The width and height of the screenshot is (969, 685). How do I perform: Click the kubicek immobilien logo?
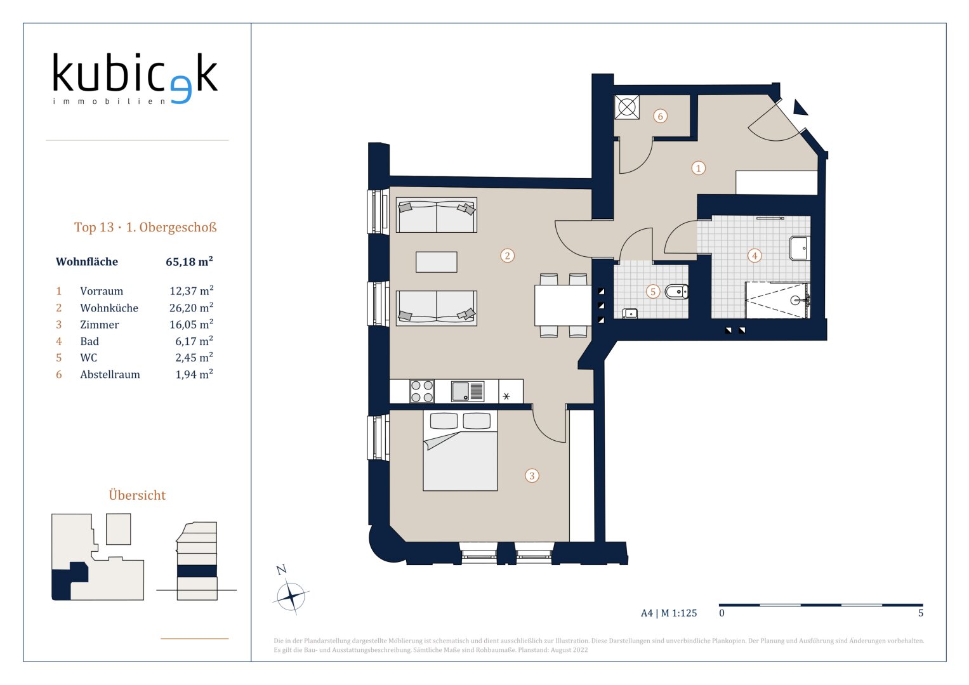pos(135,78)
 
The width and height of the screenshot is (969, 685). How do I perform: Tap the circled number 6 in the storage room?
pos(660,116)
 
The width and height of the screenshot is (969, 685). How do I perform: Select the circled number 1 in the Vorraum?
pos(698,168)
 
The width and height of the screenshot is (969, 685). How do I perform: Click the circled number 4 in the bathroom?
pos(755,256)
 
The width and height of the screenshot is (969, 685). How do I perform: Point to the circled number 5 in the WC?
pos(653,292)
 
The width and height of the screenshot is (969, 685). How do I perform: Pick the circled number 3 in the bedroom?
pos(532,476)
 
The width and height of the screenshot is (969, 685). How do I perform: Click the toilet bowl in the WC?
pos(676,292)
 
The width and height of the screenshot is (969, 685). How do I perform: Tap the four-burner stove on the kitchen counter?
pos(422,391)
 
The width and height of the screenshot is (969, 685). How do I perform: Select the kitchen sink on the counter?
pos(468,391)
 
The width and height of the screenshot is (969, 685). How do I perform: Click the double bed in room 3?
pos(460,450)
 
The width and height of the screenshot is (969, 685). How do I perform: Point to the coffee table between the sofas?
pos(437,262)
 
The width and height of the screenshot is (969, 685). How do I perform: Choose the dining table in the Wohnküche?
pos(563,305)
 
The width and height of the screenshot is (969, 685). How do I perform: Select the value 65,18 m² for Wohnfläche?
pos(189,261)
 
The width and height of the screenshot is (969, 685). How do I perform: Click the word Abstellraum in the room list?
pos(110,374)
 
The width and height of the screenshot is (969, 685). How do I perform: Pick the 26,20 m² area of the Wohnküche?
pos(191,308)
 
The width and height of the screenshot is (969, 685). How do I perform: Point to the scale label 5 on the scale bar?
pos(921,613)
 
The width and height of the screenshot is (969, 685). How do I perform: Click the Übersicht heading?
pos(137,495)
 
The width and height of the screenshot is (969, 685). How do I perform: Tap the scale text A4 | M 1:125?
pos(669,613)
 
